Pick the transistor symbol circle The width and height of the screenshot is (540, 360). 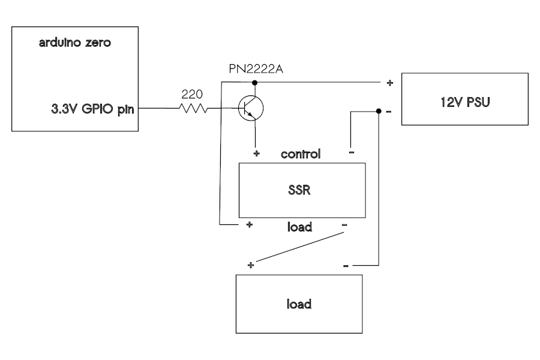point(251,109)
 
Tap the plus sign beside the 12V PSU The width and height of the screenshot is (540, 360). point(389,83)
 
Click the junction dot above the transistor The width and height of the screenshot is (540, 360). point(255,82)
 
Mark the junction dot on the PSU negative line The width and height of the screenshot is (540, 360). point(378,112)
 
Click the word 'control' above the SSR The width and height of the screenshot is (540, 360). point(301,154)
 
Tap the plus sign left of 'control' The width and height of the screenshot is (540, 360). point(256,154)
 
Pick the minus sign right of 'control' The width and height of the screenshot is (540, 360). point(351,153)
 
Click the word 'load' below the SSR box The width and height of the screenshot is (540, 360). point(298,226)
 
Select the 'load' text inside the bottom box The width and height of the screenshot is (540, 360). point(298,304)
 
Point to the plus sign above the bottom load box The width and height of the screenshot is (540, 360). point(251,264)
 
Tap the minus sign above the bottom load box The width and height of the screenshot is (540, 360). point(347,265)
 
